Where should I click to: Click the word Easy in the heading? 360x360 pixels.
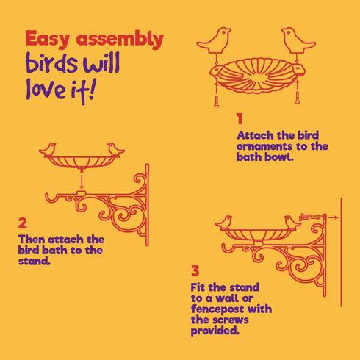tap(49, 40)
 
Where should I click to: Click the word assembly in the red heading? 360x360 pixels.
tap(119, 40)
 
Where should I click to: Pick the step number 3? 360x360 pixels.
tap(195, 271)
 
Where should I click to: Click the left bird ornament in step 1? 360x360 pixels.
tap(218, 40)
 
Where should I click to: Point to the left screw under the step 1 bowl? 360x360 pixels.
tap(217, 95)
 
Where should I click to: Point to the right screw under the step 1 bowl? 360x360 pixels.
tap(297, 93)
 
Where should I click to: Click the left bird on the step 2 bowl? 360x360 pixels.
tap(49, 150)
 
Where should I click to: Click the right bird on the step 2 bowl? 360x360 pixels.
tap(115, 150)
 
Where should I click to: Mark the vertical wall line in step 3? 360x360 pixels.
tap(341, 250)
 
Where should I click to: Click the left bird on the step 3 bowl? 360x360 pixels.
tap(225, 221)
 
